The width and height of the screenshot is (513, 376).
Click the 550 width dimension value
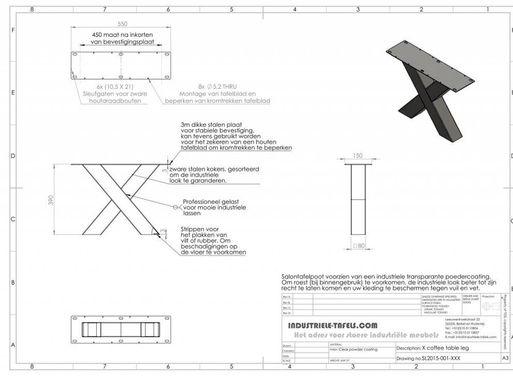[x=122, y=24]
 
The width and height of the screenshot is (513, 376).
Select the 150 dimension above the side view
[x=357, y=156]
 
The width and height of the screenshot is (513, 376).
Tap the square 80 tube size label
[x=358, y=246]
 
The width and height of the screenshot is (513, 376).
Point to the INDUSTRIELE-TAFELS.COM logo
[x=333, y=325]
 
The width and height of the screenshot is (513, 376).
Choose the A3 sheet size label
[x=504, y=359]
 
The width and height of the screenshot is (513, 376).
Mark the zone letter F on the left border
[x=13, y=30]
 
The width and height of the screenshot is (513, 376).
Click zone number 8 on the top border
[x=32, y=9]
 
